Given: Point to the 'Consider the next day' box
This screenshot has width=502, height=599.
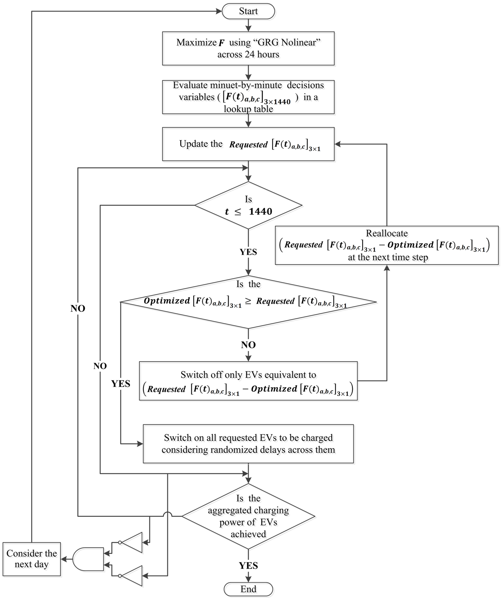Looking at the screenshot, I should pos(32,559).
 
